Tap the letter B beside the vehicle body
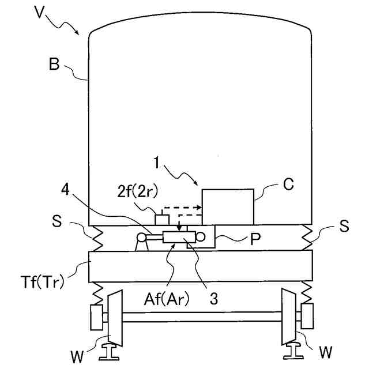click(54, 65)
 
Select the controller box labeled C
click(228, 206)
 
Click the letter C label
click(289, 184)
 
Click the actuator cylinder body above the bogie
click(180, 237)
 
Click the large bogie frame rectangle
click(200, 266)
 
